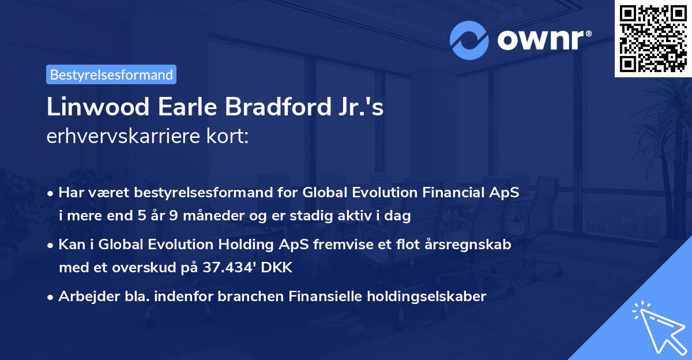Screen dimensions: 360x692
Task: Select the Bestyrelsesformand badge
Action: click(111, 74)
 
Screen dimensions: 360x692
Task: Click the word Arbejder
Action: click(85, 297)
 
